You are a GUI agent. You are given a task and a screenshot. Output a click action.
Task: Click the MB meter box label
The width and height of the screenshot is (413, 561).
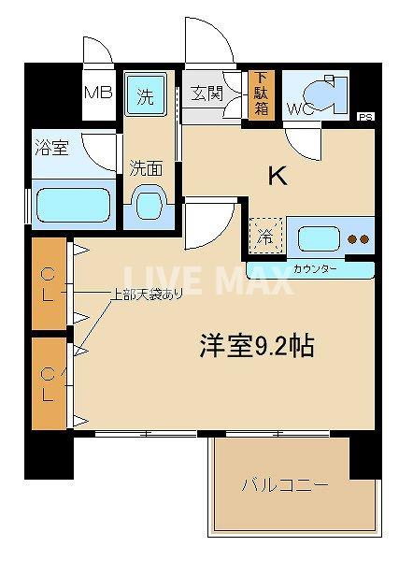click(98, 93)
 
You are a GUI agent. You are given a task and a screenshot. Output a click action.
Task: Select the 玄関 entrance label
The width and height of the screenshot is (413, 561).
click(206, 93)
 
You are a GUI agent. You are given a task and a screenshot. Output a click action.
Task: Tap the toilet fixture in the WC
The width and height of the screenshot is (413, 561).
click(327, 93)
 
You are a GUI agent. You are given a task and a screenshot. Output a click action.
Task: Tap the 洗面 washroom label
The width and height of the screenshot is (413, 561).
click(147, 168)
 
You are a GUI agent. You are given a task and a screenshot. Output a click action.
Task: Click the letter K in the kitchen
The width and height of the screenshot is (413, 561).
click(278, 176)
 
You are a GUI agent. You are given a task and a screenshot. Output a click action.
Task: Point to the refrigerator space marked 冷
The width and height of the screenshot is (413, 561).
click(265, 237)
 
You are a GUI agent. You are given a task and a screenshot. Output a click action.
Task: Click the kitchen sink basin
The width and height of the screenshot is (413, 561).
click(319, 237)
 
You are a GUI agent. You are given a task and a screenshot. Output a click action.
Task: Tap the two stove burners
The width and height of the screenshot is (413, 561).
click(358, 238)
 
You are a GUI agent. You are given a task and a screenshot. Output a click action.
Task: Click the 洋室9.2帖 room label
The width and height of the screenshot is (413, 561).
click(255, 347)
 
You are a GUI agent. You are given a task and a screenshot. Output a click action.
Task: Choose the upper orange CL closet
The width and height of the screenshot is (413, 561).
click(49, 284)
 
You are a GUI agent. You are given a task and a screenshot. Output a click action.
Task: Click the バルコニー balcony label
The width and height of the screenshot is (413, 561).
click(284, 487)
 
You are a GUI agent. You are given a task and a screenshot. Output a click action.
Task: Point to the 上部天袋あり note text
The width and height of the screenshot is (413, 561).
click(147, 295)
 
